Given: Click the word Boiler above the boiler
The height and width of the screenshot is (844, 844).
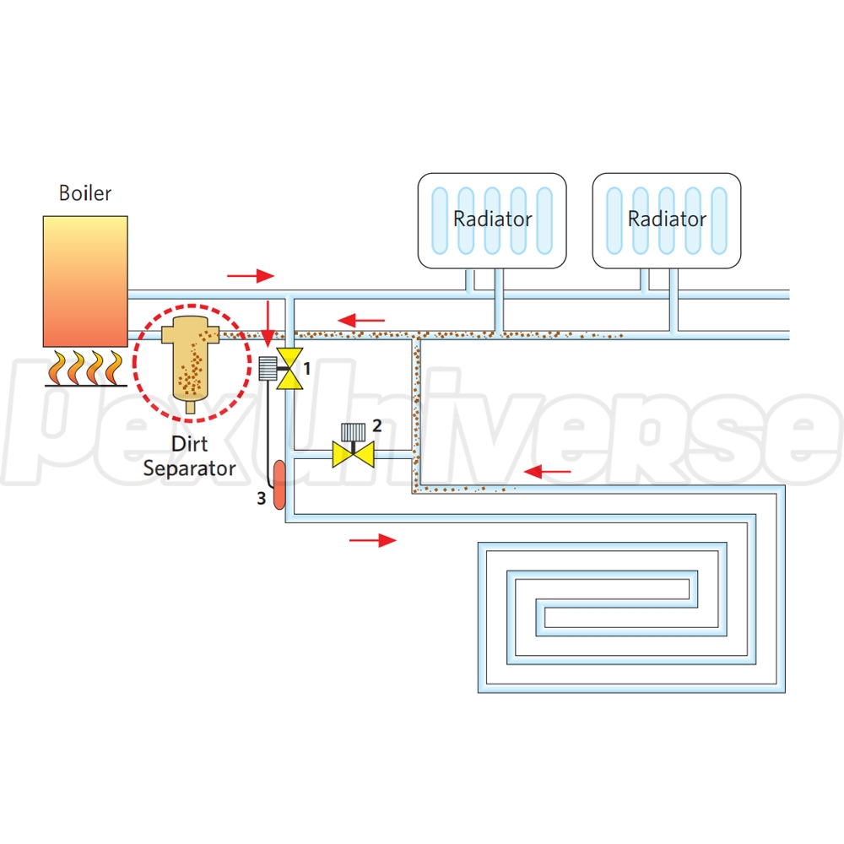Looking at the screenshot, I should [84, 193].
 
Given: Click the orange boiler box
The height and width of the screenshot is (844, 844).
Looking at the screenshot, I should [85, 280].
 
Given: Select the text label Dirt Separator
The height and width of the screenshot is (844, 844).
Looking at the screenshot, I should [189, 456].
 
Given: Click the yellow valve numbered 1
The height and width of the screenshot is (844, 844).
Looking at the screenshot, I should [291, 369].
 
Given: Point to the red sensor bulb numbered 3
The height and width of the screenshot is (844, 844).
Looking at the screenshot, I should [279, 484].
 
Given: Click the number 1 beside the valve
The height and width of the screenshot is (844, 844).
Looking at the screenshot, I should [308, 369].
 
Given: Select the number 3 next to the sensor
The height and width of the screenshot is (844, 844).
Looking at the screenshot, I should [262, 499].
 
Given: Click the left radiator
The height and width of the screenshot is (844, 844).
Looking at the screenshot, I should [493, 220].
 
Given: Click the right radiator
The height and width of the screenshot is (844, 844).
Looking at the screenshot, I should [667, 220].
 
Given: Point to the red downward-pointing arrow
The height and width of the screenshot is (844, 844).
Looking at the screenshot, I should [268, 320].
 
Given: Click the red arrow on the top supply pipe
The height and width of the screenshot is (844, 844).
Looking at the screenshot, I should [251, 275].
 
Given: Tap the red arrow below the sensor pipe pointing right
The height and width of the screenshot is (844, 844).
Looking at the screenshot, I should [372, 540].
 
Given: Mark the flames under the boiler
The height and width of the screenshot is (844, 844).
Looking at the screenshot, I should [84, 367].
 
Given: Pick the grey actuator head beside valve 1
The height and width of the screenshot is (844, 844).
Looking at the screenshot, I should [268, 367].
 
